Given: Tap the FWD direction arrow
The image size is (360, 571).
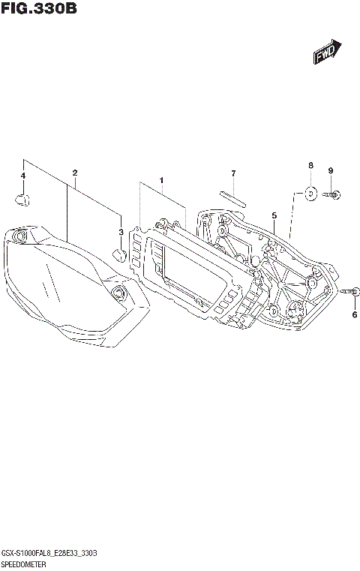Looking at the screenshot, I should point(327,53).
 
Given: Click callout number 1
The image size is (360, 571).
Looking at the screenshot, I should point(160,180).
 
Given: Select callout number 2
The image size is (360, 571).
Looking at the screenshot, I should point(75,173).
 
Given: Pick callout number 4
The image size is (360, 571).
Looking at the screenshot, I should point(23,176).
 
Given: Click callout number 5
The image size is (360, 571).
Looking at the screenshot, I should point(274,215).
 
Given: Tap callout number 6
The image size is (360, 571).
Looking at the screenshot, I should point(355,314).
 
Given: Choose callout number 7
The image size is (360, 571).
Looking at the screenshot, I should point(233,174).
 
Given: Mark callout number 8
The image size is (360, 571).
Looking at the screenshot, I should point(310,165).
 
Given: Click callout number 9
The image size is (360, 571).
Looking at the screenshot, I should point(330,170).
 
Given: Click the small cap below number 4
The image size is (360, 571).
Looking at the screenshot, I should point(22,199).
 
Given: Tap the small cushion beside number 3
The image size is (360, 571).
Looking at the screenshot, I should point(118,253).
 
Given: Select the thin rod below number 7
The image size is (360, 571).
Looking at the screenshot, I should point(233,197).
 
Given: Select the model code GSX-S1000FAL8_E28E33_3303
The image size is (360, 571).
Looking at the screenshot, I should point(48,552).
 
